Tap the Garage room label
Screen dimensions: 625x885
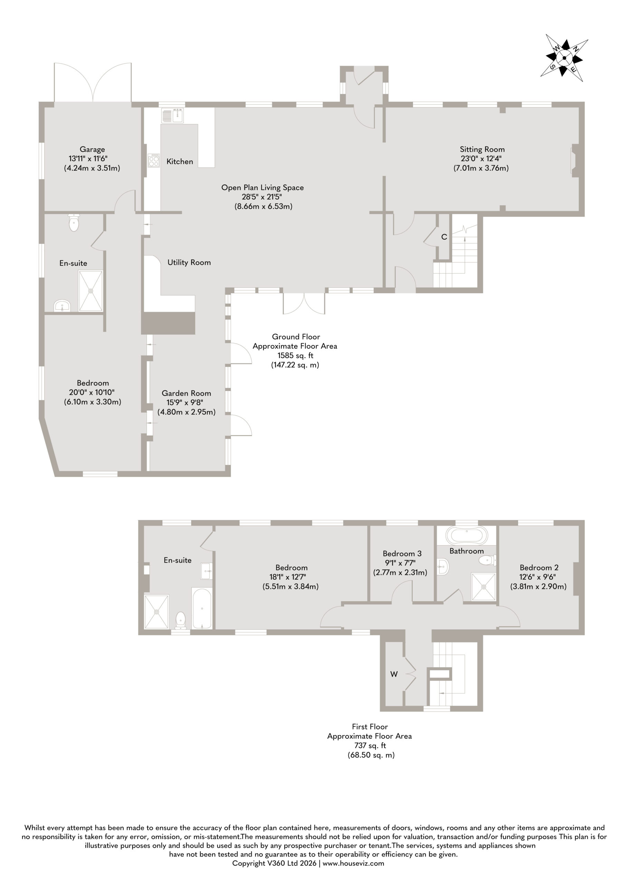[x=92, y=149]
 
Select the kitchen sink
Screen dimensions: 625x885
[x=173, y=115]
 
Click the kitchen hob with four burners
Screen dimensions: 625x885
[x=154, y=160]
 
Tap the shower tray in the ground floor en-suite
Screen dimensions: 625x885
[x=91, y=291]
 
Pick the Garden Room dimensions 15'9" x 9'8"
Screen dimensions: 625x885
[x=186, y=402]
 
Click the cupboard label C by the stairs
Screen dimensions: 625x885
[x=444, y=237]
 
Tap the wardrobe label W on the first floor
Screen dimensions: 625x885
[x=394, y=674]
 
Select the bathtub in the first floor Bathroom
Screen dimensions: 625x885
[x=467, y=536]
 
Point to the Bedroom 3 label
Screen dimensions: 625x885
[x=402, y=553]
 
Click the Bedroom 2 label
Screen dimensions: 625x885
[x=539, y=567]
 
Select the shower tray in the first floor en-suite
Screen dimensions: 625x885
[x=157, y=612]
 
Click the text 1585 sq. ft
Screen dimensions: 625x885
[x=295, y=355]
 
